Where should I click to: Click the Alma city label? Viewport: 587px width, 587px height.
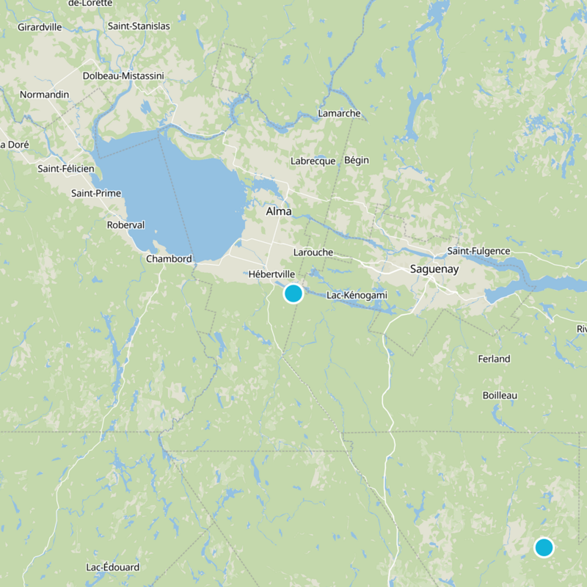[x=278, y=211]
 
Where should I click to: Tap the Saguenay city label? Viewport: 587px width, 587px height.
[x=434, y=269]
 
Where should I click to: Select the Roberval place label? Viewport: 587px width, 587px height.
[x=125, y=225]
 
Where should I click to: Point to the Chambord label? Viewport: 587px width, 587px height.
[x=169, y=258]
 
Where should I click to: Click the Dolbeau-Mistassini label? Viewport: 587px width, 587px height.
[x=123, y=76]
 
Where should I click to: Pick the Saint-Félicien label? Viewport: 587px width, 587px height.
[x=66, y=168]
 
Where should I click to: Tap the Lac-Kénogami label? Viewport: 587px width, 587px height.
[x=357, y=295]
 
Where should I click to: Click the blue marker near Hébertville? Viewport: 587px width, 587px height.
[x=293, y=293]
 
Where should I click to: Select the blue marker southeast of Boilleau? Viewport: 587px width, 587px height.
[x=544, y=547]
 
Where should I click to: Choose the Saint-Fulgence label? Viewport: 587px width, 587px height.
[x=478, y=251]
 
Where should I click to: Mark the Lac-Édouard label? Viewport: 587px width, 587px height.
[x=113, y=567]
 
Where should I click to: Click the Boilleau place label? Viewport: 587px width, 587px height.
[x=500, y=395]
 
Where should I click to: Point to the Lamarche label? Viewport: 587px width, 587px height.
[x=339, y=113]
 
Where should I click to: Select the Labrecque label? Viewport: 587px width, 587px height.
[x=313, y=161]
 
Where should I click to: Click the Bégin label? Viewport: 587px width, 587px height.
[x=357, y=160]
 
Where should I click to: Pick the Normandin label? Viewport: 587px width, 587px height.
[x=44, y=95]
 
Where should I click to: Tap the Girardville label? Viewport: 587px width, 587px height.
[x=40, y=27]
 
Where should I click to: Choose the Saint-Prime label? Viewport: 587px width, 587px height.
[x=96, y=193]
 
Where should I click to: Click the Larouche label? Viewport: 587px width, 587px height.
[x=313, y=252]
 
